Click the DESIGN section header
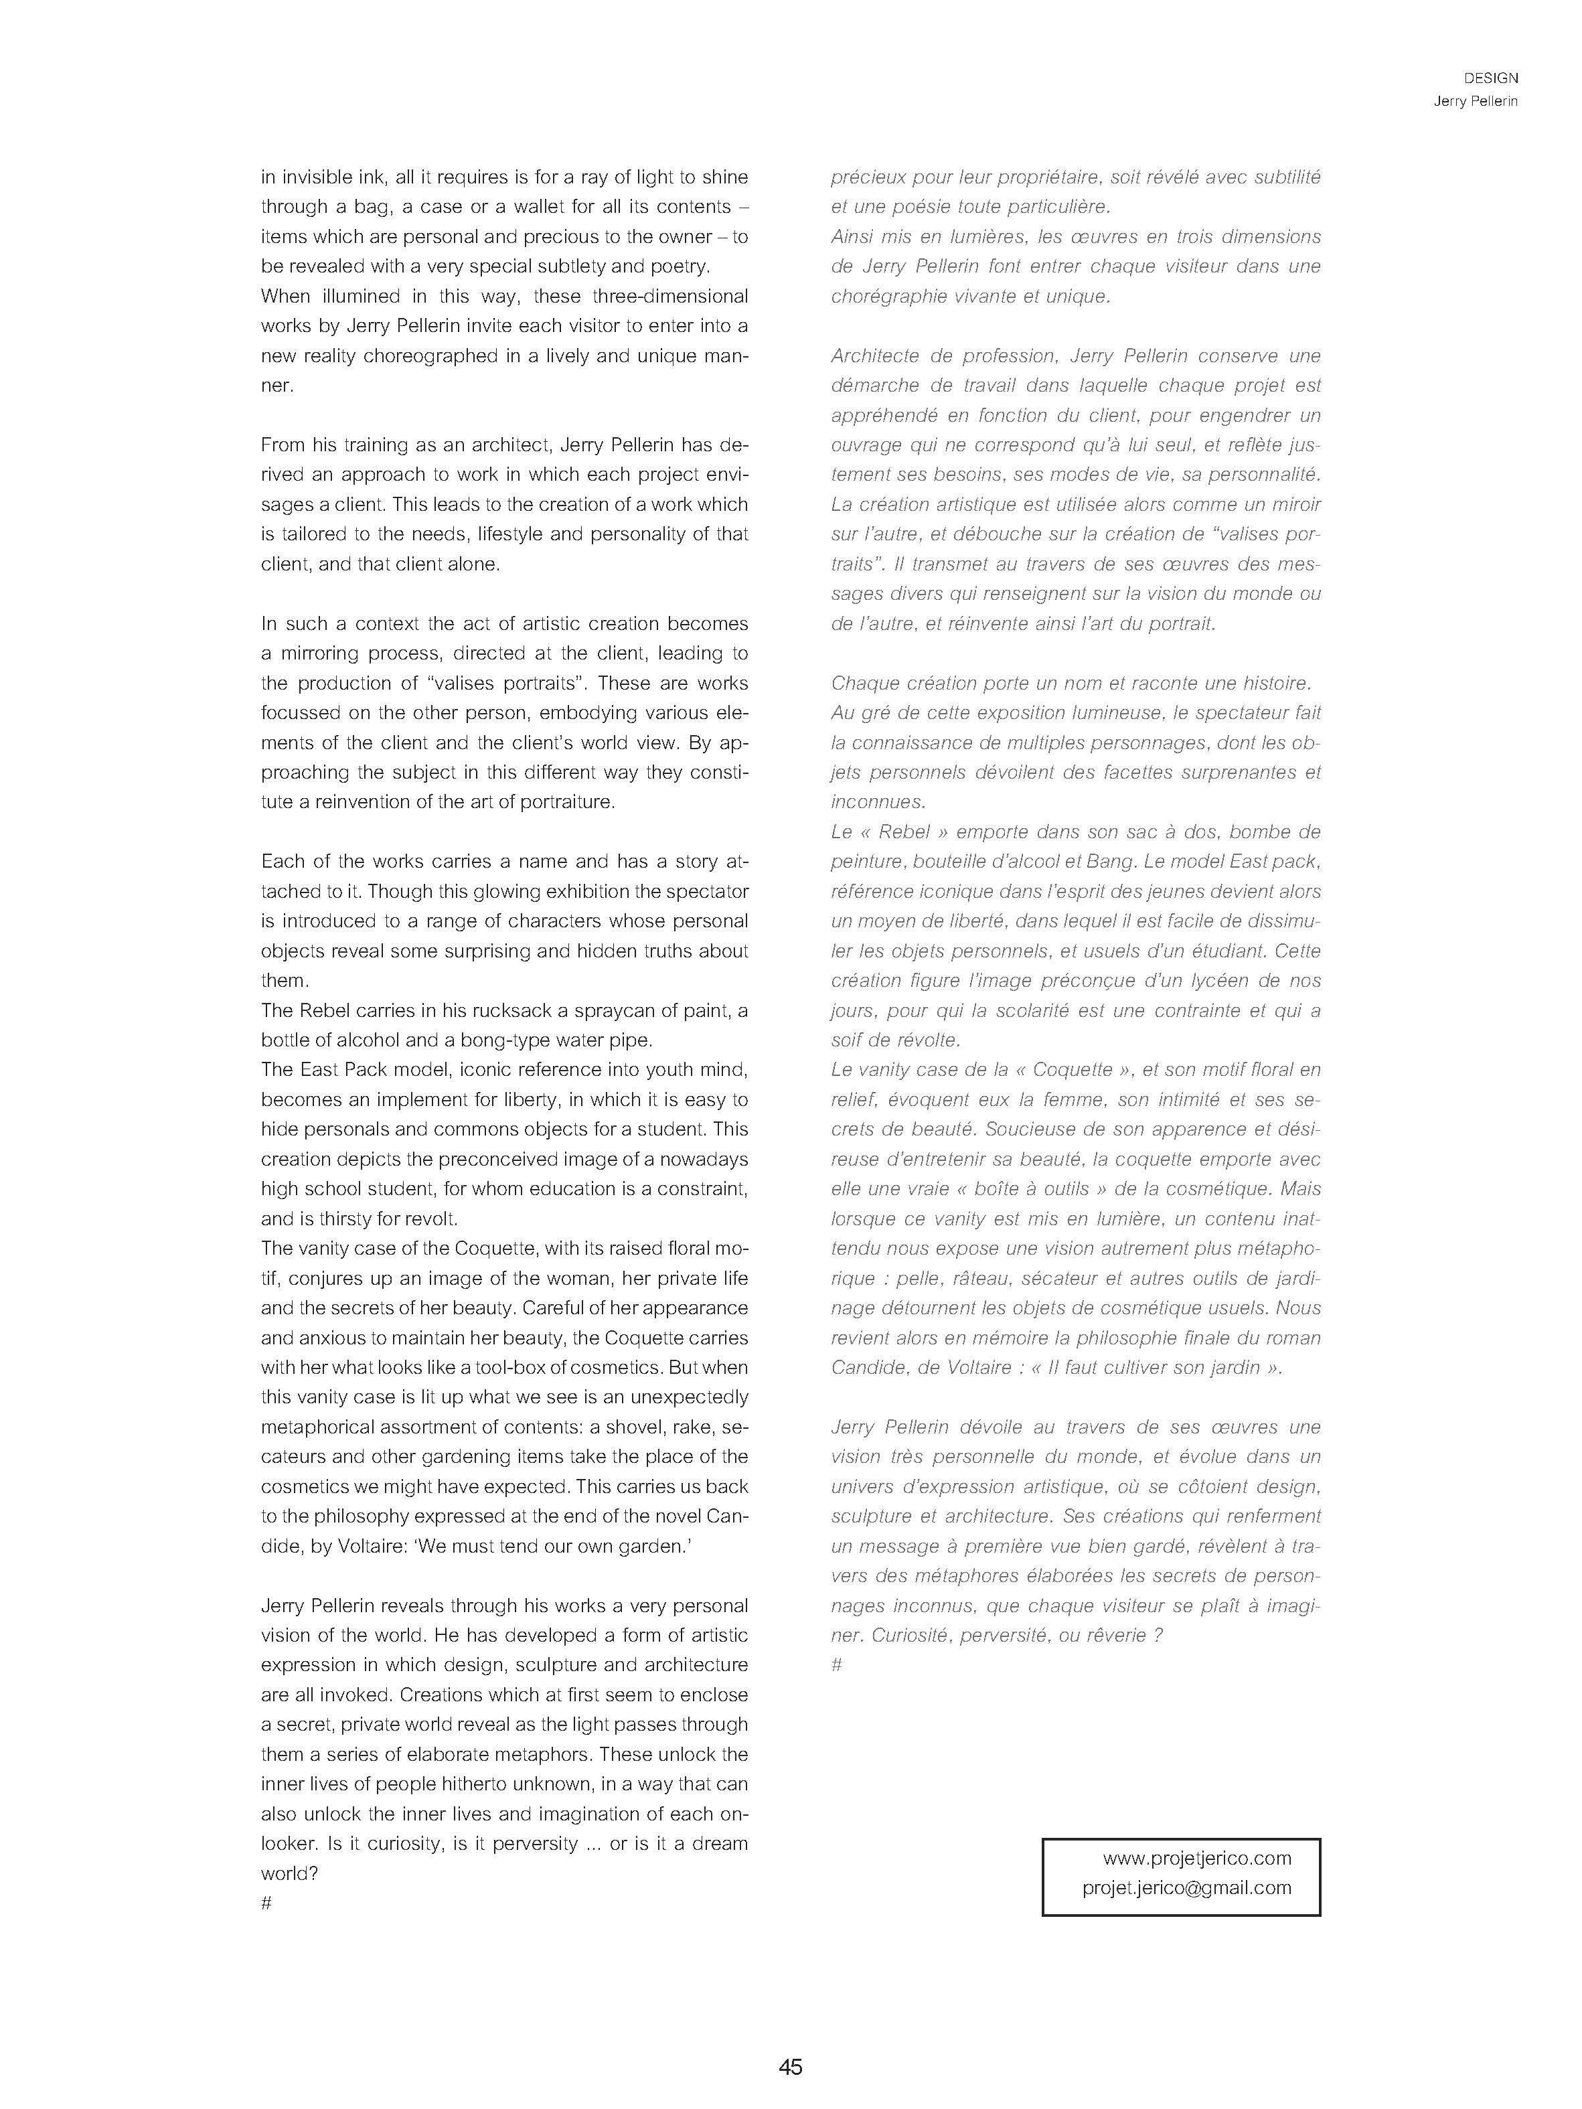tap(1490, 78)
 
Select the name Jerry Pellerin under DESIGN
tap(1475, 101)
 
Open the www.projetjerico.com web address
tap(1197, 1858)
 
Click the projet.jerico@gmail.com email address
tap(1186, 1888)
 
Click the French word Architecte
tap(876, 356)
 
